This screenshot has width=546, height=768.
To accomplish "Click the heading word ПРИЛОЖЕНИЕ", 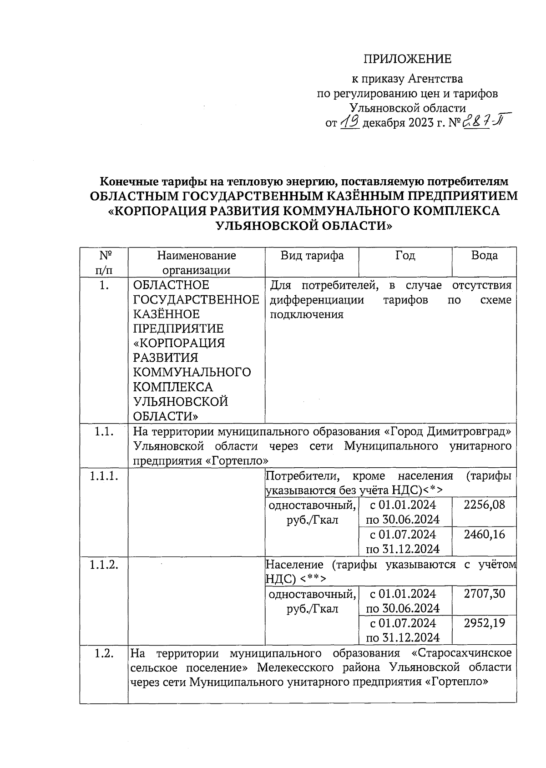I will (x=407, y=59).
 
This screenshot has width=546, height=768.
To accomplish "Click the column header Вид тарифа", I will (x=312, y=256).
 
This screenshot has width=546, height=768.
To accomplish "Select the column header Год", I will (x=405, y=256).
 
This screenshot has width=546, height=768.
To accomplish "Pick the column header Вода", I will (x=484, y=256).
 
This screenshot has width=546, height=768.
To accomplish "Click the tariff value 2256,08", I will (x=484, y=505).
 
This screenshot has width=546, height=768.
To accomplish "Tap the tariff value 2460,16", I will (x=484, y=534).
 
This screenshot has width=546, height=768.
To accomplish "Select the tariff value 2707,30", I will (x=484, y=593).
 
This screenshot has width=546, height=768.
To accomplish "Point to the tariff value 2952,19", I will (x=484, y=623).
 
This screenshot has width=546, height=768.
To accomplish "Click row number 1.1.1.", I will (x=104, y=476).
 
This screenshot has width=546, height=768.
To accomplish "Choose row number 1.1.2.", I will (x=104, y=565).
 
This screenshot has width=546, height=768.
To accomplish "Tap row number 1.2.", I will (x=104, y=653).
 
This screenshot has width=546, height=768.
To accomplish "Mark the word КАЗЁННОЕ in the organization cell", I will (x=166, y=314).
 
